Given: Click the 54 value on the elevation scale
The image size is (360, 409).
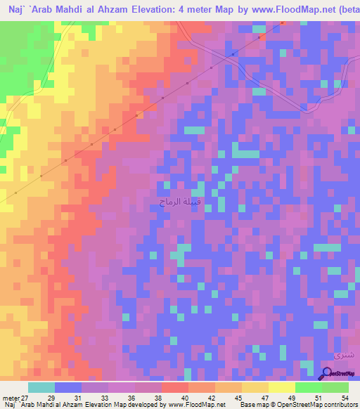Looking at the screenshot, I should click(x=335, y=398).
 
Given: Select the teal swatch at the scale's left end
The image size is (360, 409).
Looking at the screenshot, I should click(x=41, y=387).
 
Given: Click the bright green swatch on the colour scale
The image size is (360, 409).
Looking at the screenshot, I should click(x=308, y=387).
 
